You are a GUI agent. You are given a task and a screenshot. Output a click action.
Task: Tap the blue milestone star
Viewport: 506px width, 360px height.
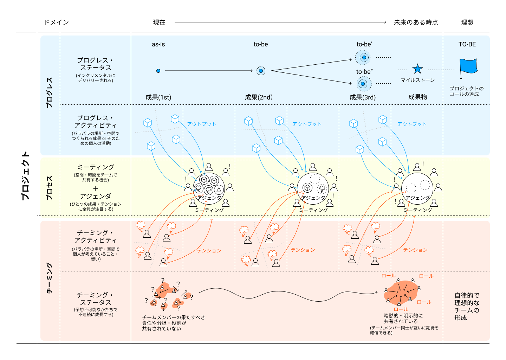417,69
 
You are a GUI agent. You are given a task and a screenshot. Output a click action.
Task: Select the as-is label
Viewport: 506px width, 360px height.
158,44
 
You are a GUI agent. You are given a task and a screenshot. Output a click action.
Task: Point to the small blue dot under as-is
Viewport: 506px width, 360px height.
158,71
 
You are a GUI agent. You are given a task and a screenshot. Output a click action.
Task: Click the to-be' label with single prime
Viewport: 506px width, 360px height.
364,44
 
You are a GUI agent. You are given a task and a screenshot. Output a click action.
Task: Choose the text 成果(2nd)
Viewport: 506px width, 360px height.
259,97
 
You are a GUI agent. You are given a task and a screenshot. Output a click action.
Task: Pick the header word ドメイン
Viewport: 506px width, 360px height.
56,22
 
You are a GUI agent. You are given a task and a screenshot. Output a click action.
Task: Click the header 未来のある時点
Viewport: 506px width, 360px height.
416,22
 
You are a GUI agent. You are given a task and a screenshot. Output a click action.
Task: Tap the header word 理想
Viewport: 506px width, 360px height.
467,22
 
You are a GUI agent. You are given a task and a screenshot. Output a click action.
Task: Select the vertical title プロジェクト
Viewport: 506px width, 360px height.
25,176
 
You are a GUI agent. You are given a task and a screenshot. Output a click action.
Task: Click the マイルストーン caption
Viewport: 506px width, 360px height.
417,80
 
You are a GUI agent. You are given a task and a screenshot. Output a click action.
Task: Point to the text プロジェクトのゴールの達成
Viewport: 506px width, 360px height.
466,91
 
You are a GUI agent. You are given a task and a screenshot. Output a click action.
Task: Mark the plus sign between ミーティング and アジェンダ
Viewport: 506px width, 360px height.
95,188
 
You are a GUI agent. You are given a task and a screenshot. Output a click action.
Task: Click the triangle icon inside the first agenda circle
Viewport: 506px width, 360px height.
219,190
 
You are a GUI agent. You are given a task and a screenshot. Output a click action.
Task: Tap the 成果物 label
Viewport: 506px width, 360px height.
417,97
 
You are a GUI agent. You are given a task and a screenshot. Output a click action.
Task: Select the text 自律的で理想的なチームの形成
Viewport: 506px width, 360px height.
467,307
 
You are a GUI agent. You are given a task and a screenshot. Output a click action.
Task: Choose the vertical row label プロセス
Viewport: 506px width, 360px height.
50,188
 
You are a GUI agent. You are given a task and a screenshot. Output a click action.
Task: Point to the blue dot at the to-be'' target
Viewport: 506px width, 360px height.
363,84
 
